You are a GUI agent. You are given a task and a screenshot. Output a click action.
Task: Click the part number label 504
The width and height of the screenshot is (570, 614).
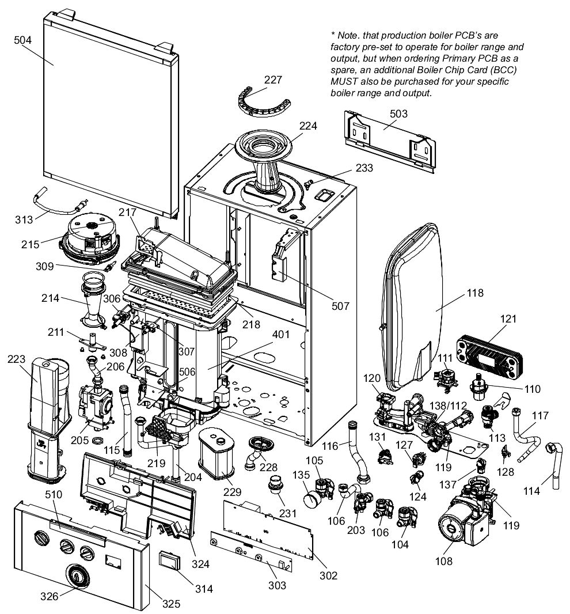[x=22, y=40]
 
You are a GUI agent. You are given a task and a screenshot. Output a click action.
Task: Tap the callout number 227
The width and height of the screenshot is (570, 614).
[x=273, y=79]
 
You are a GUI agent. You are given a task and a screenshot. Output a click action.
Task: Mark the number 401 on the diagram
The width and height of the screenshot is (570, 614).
[x=281, y=335]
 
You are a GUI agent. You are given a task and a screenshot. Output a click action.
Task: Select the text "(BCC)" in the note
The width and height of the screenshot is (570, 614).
[x=503, y=70]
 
